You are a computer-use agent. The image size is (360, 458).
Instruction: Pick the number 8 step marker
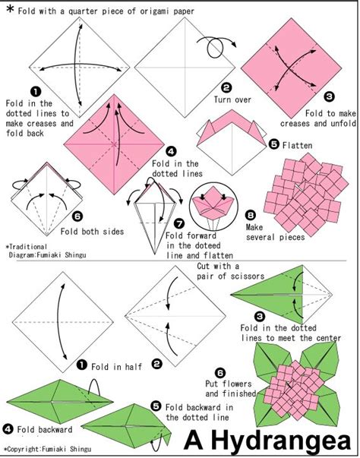point(250,215)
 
